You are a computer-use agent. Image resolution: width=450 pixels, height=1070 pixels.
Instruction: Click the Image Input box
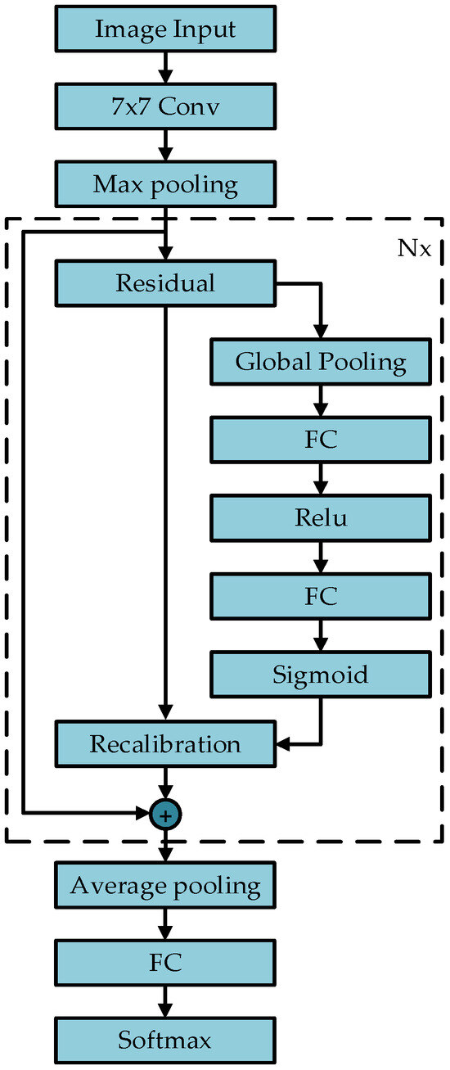[x=165, y=29]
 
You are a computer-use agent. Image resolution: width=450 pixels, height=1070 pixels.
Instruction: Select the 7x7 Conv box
[x=165, y=107]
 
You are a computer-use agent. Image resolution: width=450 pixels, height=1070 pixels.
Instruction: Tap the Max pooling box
[x=165, y=184]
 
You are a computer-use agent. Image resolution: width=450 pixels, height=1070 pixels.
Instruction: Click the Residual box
[x=165, y=283]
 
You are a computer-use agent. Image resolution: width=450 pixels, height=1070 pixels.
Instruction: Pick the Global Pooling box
[x=321, y=362]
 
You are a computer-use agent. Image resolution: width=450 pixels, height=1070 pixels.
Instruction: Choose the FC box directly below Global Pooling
[x=321, y=440]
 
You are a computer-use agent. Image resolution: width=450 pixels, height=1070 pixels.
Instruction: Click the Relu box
[x=321, y=517]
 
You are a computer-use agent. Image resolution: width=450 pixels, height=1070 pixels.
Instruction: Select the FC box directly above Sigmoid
[x=321, y=595]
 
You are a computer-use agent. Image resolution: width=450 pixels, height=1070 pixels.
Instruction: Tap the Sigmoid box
[x=321, y=674]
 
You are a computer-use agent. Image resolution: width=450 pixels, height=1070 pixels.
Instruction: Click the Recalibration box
[x=165, y=744]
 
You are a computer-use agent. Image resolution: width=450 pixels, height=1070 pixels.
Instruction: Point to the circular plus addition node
[x=165, y=814]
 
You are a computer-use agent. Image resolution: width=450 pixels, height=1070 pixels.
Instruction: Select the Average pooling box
[x=165, y=885]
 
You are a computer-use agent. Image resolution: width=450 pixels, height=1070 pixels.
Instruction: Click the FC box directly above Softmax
[x=165, y=963]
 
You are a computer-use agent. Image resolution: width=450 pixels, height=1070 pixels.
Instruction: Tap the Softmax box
[x=165, y=1041]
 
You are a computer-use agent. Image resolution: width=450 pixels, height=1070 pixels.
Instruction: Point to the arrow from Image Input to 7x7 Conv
[x=165, y=68]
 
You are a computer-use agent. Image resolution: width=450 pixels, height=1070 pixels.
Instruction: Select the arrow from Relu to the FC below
[x=321, y=557]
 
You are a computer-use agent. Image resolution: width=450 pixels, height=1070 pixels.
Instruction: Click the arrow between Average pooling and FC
[x=165, y=924]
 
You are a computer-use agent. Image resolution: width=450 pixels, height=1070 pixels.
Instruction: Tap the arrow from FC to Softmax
[x=165, y=1002]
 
